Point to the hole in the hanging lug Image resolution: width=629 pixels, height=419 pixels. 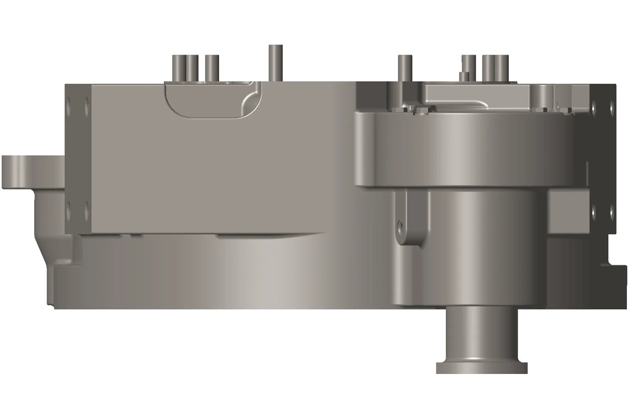click(x=399, y=225)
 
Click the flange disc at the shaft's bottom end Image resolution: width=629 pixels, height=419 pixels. click(x=481, y=367)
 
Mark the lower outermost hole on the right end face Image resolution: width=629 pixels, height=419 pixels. click(x=611, y=211)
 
